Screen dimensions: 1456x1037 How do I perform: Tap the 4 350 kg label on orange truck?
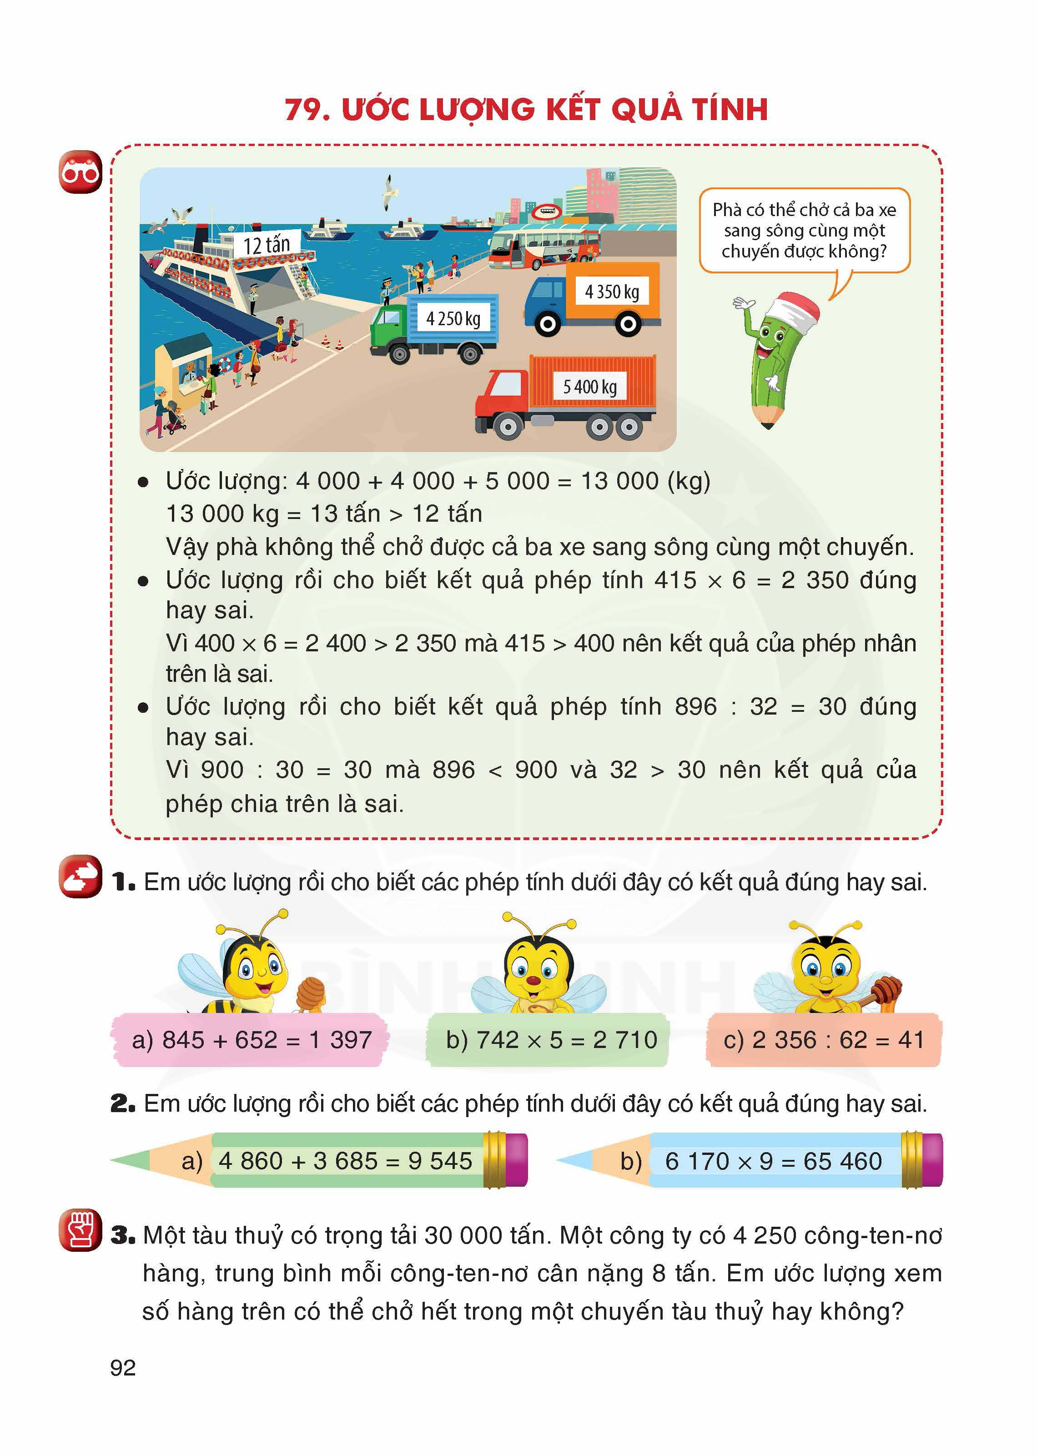(611, 292)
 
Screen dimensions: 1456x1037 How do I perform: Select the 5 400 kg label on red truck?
(589, 386)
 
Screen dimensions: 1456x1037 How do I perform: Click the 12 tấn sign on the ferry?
(266, 245)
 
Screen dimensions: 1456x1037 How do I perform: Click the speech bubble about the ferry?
(804, 231)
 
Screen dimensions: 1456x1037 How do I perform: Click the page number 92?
(123, 1367)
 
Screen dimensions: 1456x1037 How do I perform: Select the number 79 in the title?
(305, 109)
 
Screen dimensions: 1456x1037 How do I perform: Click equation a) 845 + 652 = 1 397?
(251, 1040)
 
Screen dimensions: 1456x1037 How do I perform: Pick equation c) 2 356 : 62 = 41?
(823, 1040)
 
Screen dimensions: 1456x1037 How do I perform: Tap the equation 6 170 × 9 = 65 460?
(773, 1161)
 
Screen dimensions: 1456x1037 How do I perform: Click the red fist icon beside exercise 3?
(81, 1230)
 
